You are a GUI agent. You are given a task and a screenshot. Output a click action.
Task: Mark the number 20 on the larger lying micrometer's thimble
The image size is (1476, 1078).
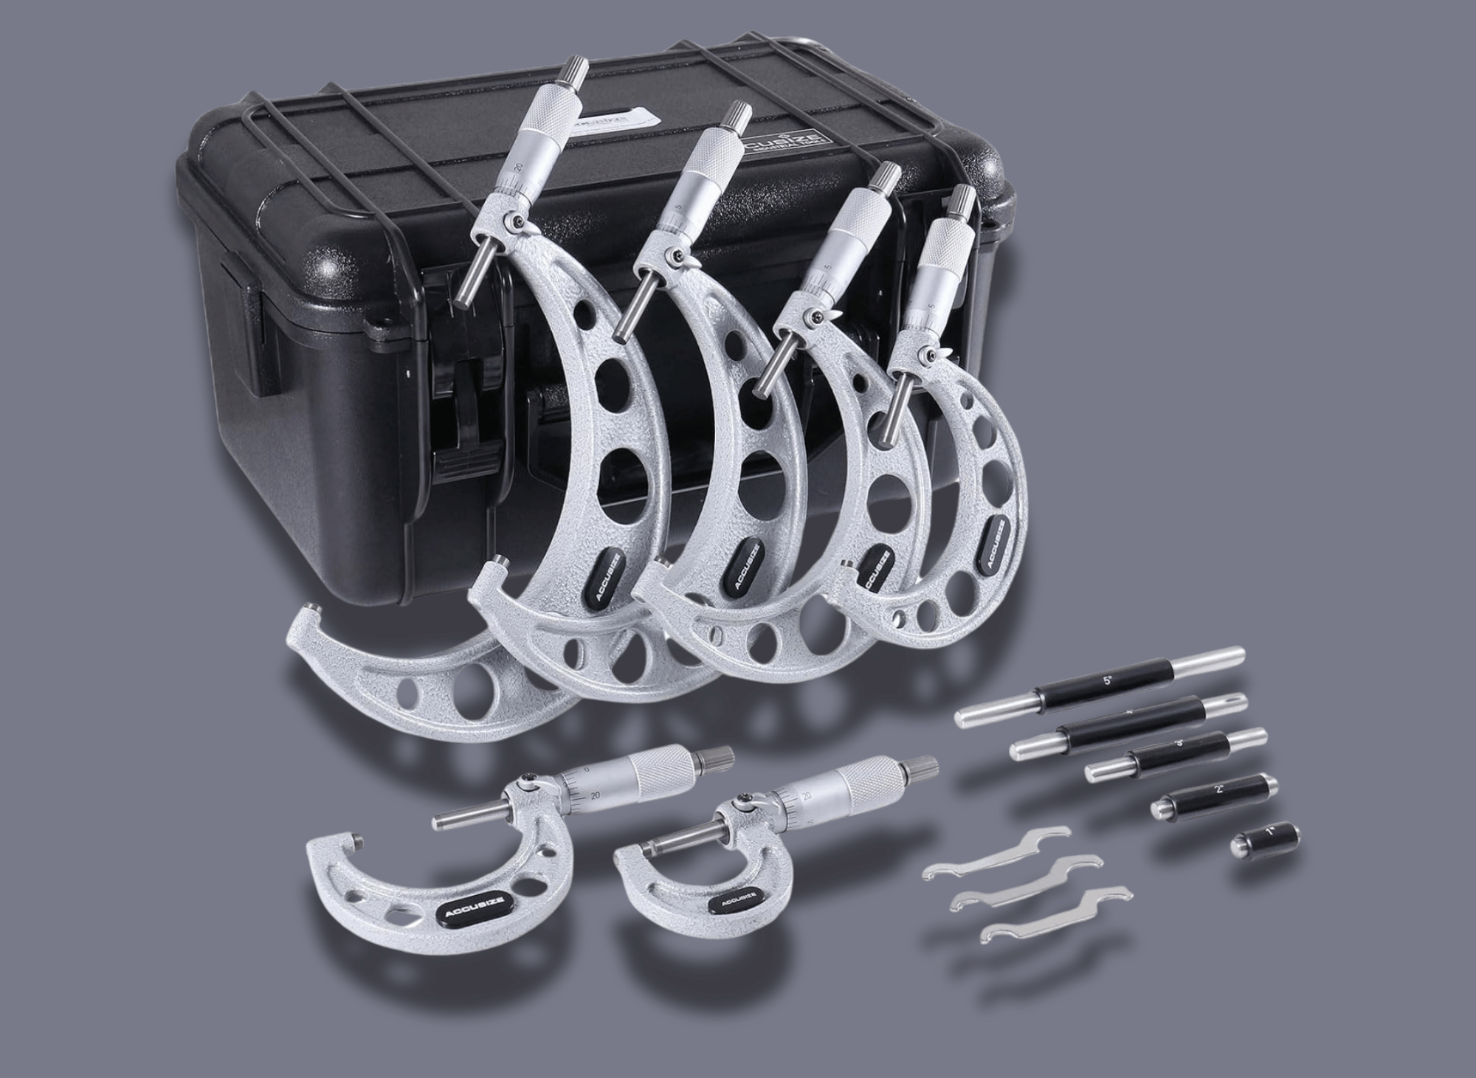[x=595, y=795]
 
